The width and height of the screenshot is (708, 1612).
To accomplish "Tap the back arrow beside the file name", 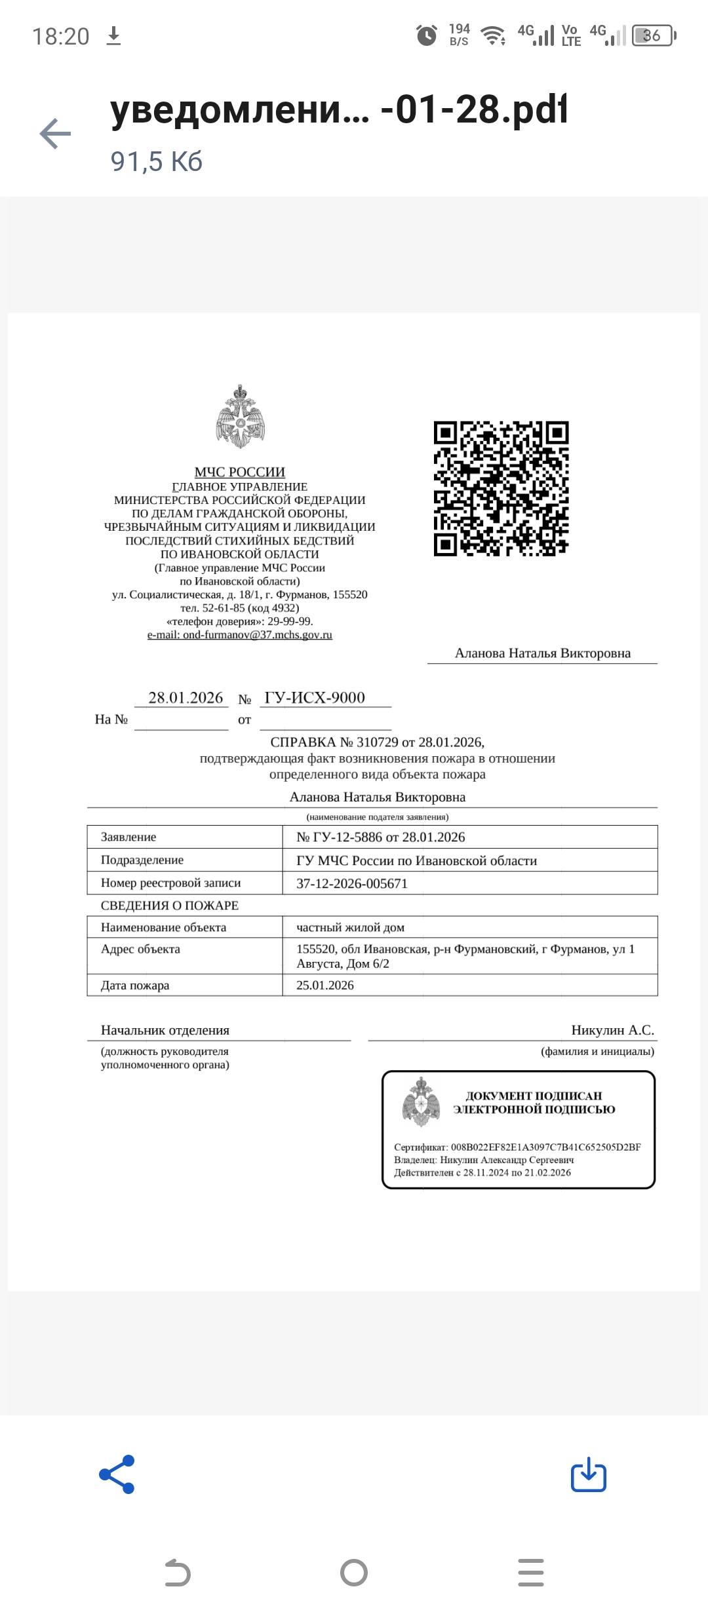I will tap(55, 134).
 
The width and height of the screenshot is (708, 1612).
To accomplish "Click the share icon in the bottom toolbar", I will tap(117, 1474).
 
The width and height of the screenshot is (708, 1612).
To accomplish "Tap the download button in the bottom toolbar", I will tap(588, 1474).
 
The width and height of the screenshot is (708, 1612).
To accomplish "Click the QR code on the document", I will tap(501, 489).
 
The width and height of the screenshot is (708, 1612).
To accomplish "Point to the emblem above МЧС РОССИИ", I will tap(240, 417).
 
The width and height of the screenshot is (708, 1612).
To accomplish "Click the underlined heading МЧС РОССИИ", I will tap(240, 472).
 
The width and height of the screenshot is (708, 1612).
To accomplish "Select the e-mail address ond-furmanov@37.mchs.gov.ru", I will tap(240, 635).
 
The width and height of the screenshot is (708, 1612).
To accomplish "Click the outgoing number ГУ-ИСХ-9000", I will tap(315, 698).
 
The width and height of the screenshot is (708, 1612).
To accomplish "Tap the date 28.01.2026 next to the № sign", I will tap(186, 698).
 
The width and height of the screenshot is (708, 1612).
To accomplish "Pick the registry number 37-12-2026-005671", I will tap(352, 883).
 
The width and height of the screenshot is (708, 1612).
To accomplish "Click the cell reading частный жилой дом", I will tap(350, 927).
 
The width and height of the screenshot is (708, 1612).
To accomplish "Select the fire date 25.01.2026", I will tap(325, 986).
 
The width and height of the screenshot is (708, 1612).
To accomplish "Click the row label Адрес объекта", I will tap(140, 949).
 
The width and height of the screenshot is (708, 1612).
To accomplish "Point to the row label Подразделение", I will tap(142, 860).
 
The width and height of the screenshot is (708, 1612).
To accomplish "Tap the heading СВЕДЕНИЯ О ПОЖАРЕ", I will tap(170, 906).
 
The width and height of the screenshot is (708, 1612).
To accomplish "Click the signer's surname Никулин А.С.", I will tap(612, 1030).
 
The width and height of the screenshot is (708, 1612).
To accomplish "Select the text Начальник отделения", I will tap(165, 1030).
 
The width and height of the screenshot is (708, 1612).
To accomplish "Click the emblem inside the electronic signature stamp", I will tap(420, 1102).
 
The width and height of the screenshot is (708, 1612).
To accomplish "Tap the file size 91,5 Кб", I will tap(157, 161).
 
